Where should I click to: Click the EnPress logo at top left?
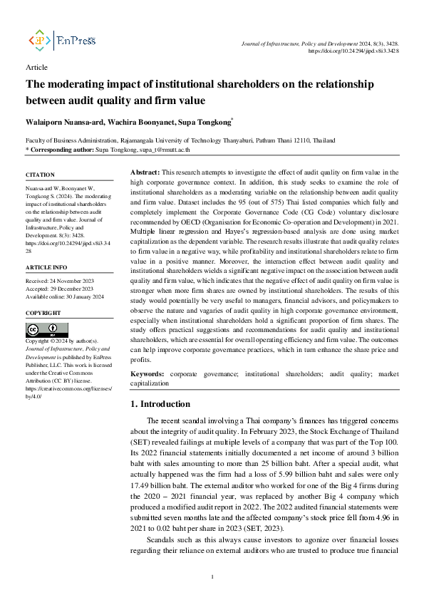(61, 41)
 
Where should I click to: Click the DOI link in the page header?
(353, 51)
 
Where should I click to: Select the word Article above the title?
(36, 67)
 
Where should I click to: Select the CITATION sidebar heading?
(40, 175)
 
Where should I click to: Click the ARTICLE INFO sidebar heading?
(47, 267)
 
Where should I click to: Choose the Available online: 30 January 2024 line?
(65, 296)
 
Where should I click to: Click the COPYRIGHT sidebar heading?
(43, 313)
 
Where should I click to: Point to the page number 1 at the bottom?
(212, 576)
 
